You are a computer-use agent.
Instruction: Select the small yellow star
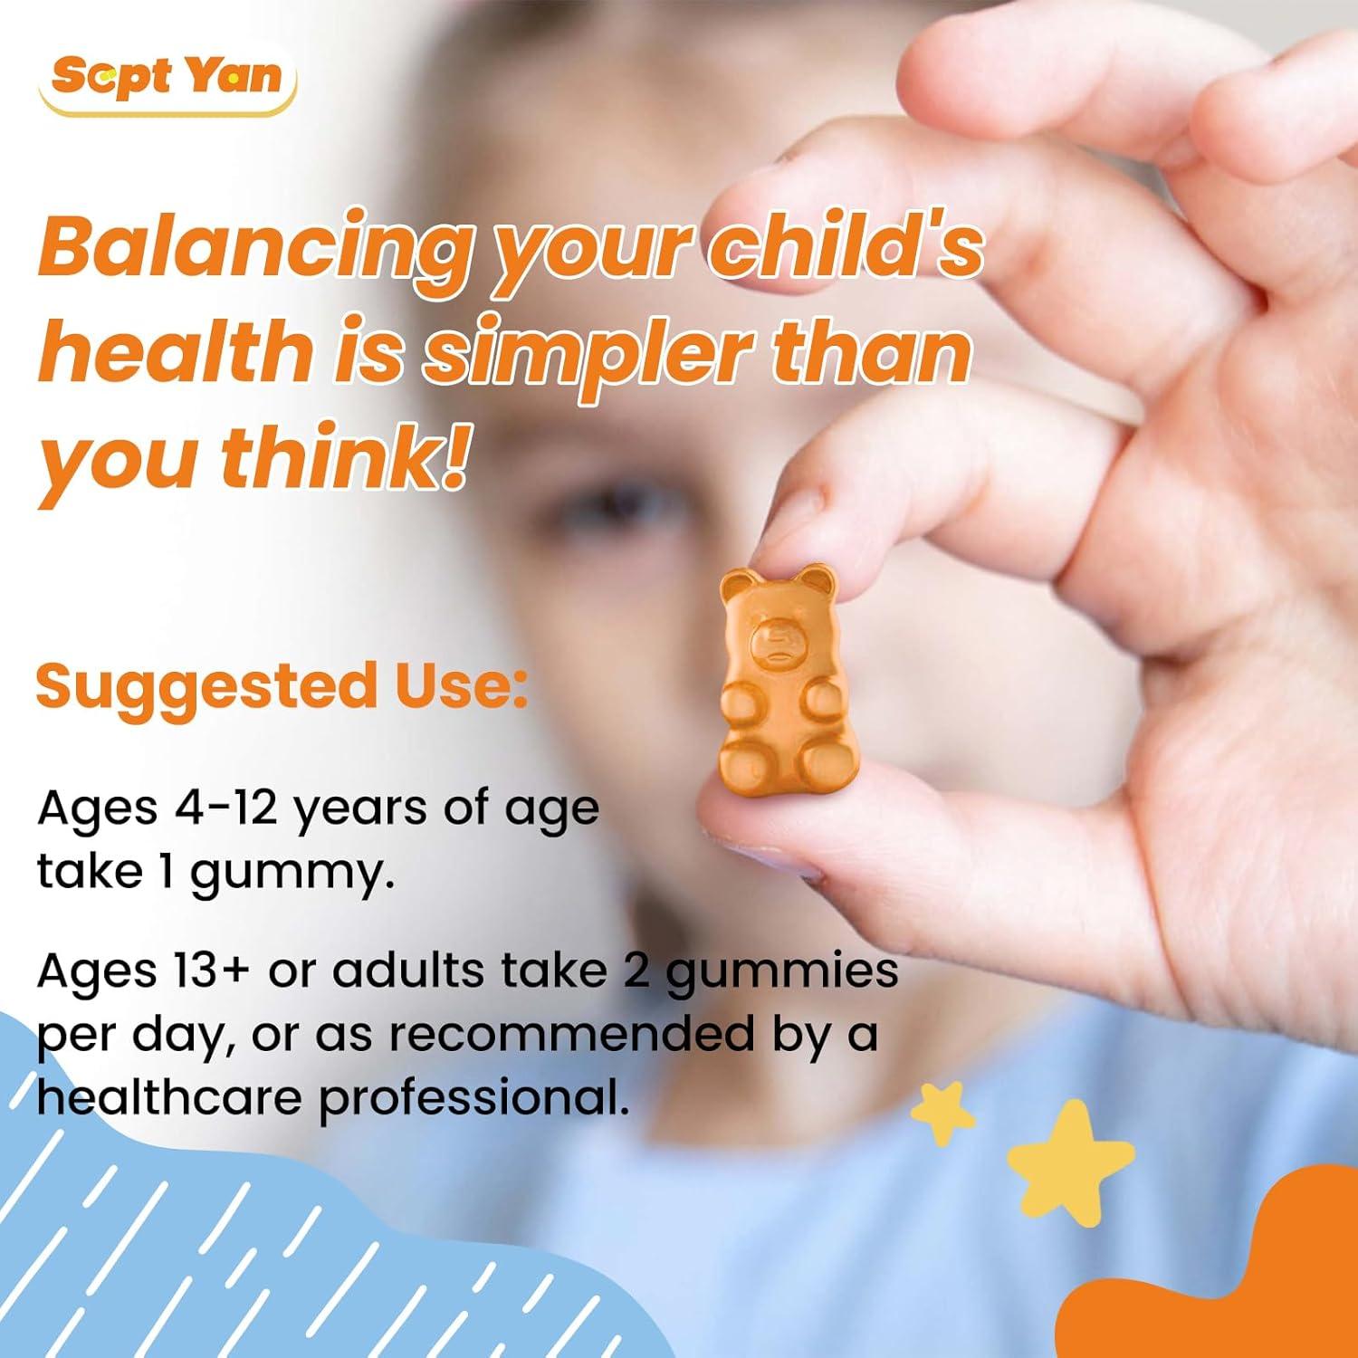942,1114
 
